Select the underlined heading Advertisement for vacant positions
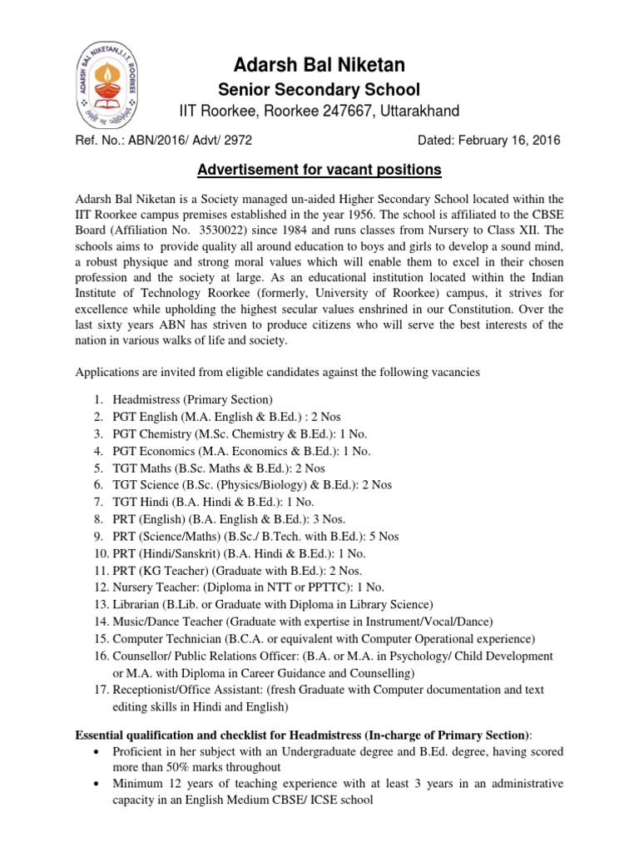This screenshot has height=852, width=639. coord(319,170)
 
